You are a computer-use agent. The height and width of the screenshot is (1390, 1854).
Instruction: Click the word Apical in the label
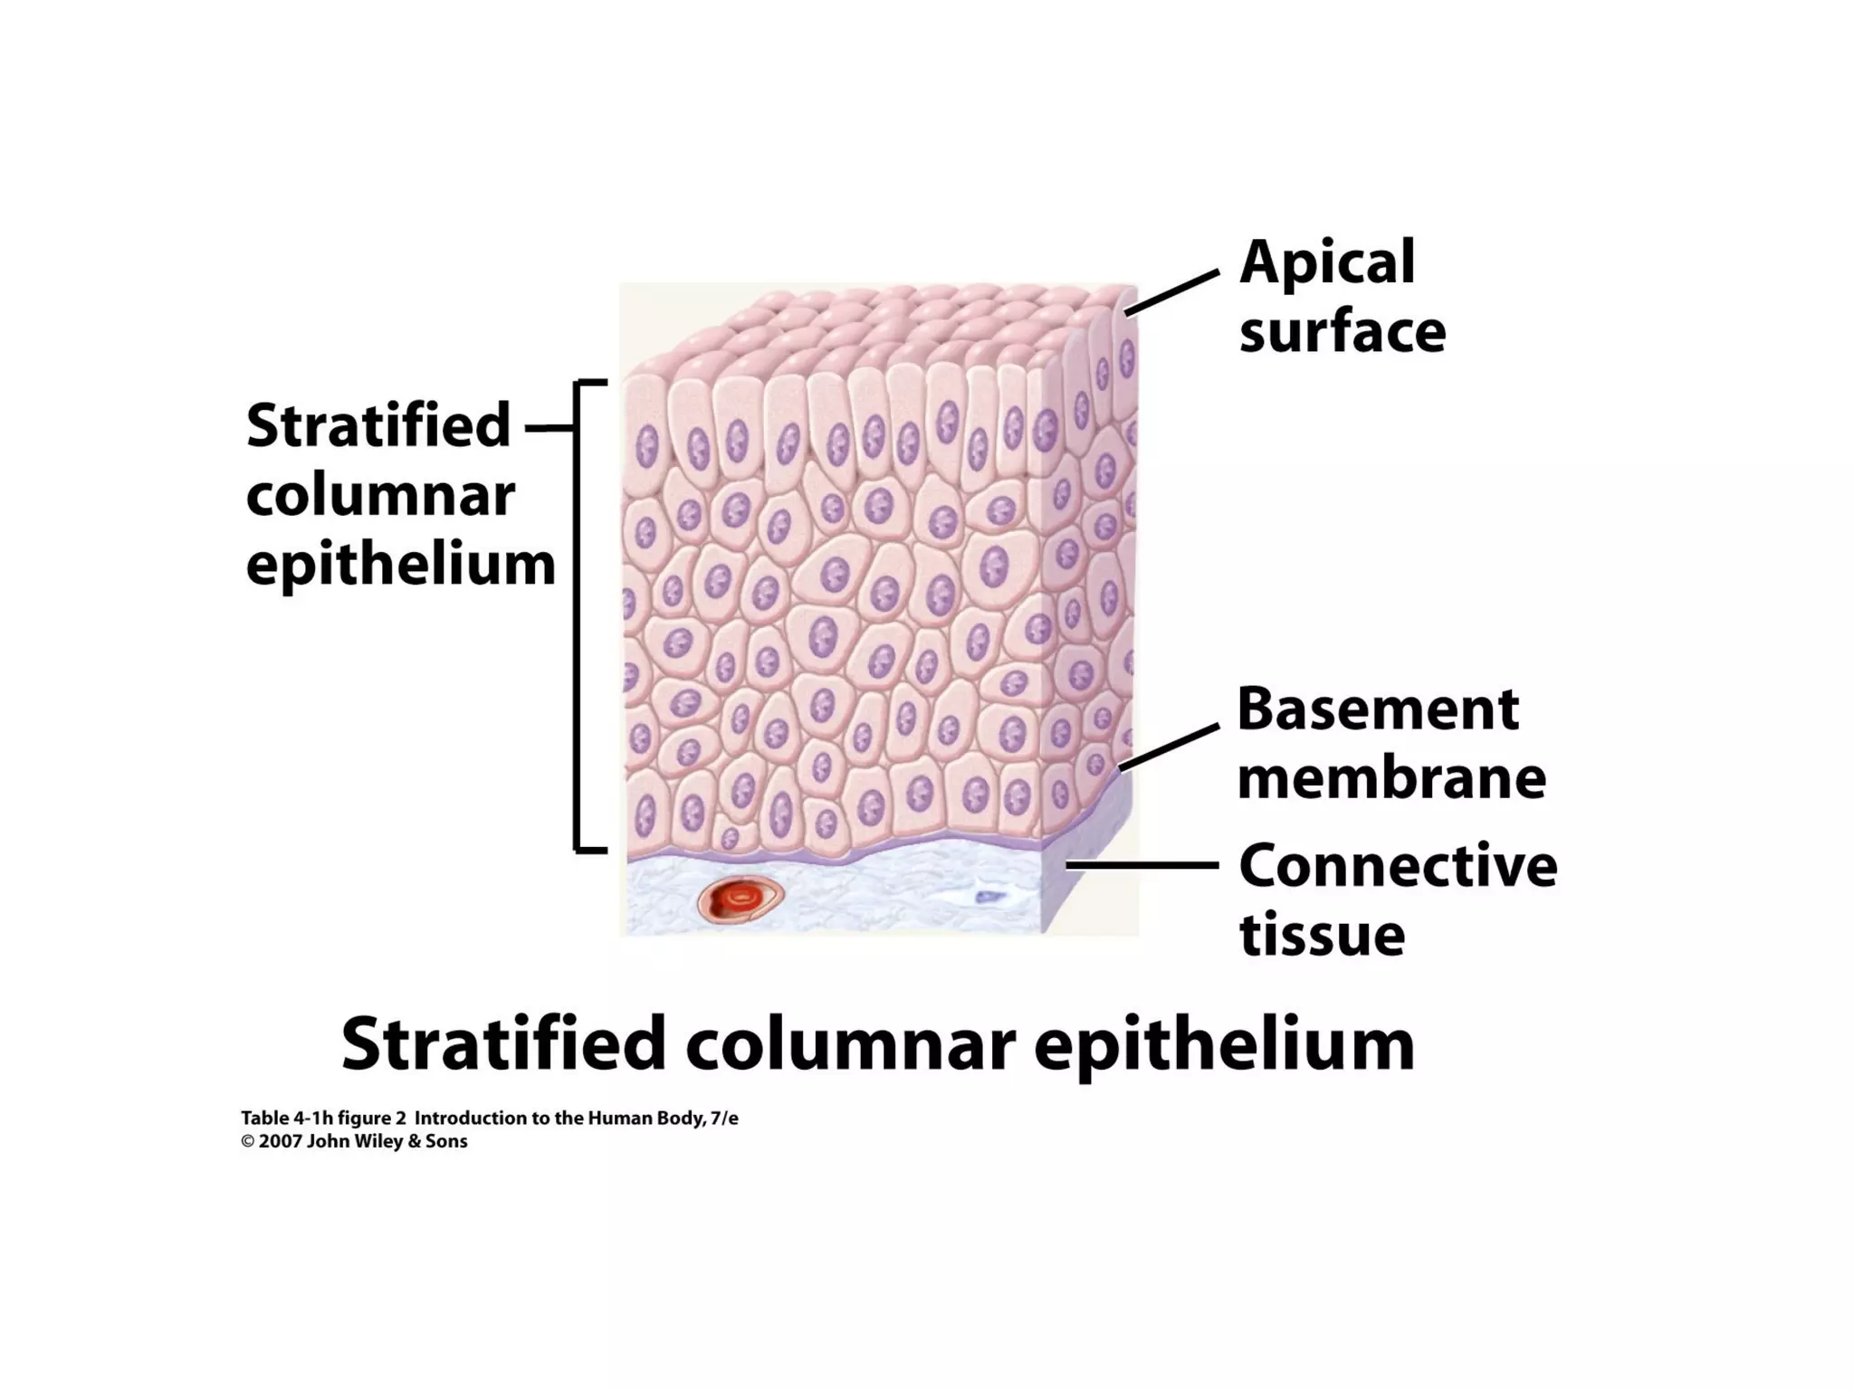click(x=1326, y=263)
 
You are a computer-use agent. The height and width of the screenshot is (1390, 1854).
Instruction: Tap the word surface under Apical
click(x=1342, y=332)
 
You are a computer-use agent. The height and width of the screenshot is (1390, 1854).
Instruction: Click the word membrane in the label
click(x=1391, y=778)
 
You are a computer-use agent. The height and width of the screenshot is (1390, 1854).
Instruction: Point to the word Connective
click(x=1398, y=866)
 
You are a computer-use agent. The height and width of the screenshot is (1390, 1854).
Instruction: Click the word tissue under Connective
click(x=1322, y=935)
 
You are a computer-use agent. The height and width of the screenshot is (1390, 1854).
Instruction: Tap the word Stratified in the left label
click(x=378, y=425)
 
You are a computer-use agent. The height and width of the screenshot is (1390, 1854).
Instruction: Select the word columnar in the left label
click(x=380, y=496)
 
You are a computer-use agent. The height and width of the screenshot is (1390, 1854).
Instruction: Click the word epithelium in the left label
click(x=400, y=566)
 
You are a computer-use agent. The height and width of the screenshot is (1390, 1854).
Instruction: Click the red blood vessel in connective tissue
click(x=740, y=901)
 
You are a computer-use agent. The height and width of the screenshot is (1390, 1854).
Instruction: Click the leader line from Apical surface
click(x=1171, y=292)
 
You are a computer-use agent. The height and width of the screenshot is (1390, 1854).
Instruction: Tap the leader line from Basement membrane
click(x=1169, y=747)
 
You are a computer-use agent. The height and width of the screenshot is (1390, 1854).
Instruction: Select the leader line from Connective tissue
click(x=1142, y=865)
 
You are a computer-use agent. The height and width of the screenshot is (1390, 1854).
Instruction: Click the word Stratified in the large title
click(x=503, y=1044)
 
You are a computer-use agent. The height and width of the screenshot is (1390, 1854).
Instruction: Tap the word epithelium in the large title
click(x=1224, y=1044)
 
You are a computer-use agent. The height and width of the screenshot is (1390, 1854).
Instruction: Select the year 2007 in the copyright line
click(x=280, y=1141)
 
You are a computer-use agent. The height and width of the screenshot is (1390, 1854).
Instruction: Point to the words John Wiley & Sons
click(x=387, y=1141)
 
